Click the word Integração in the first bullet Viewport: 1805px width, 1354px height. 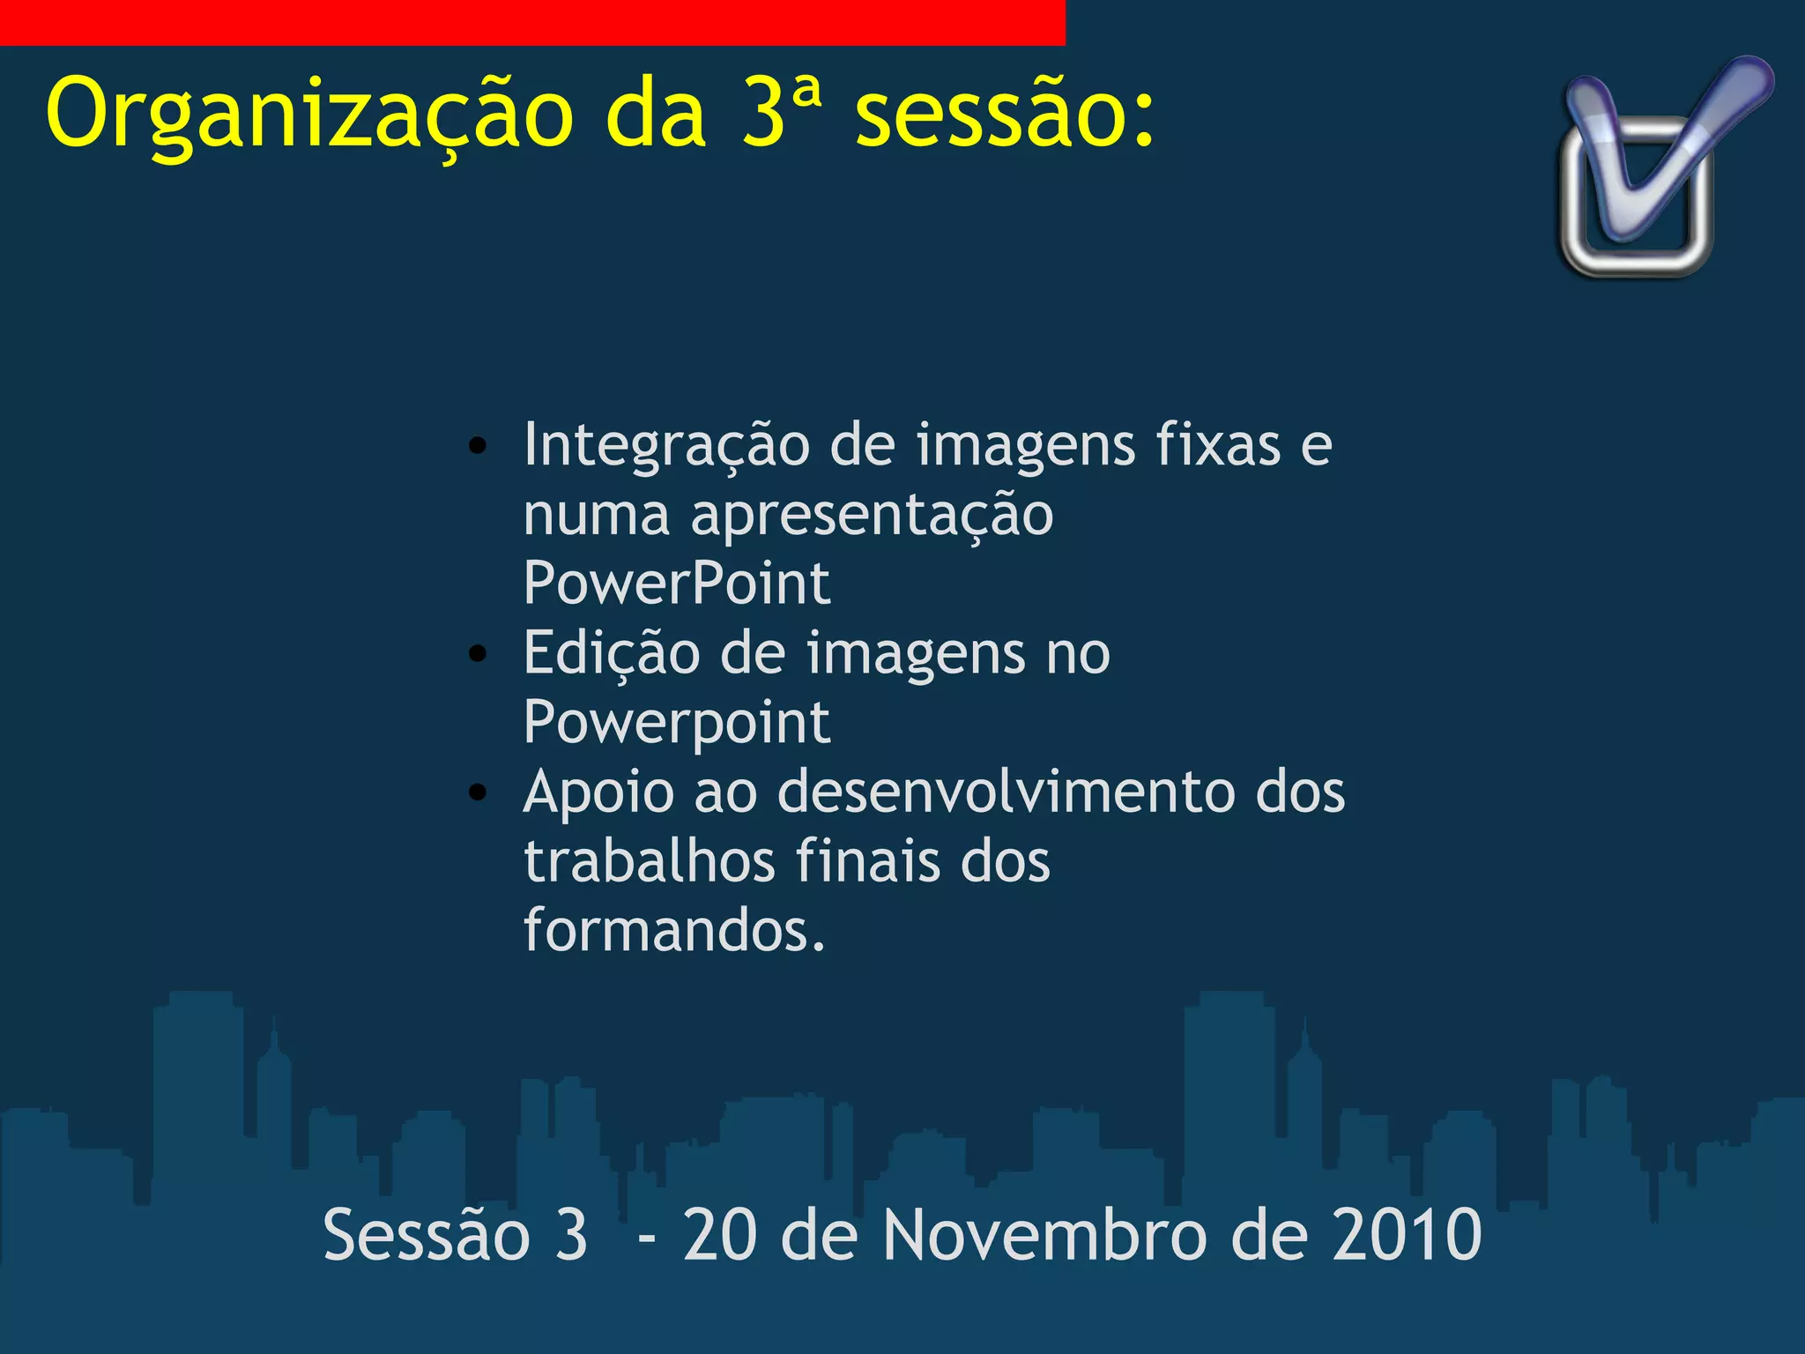pos(666,446)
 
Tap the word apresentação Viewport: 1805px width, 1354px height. pos(872,515)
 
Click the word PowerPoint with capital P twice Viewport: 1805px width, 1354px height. pos(677,583)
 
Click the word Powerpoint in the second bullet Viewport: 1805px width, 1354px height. pos(677,724)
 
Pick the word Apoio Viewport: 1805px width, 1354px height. pos(598,791)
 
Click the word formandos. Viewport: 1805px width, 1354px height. pos(674,930)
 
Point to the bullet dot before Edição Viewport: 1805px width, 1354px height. pos(478,654)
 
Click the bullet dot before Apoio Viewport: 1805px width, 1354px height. pos(478,792)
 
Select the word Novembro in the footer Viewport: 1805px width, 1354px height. pos(1044,1235)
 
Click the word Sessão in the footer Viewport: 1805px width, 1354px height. pos(427,1235)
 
